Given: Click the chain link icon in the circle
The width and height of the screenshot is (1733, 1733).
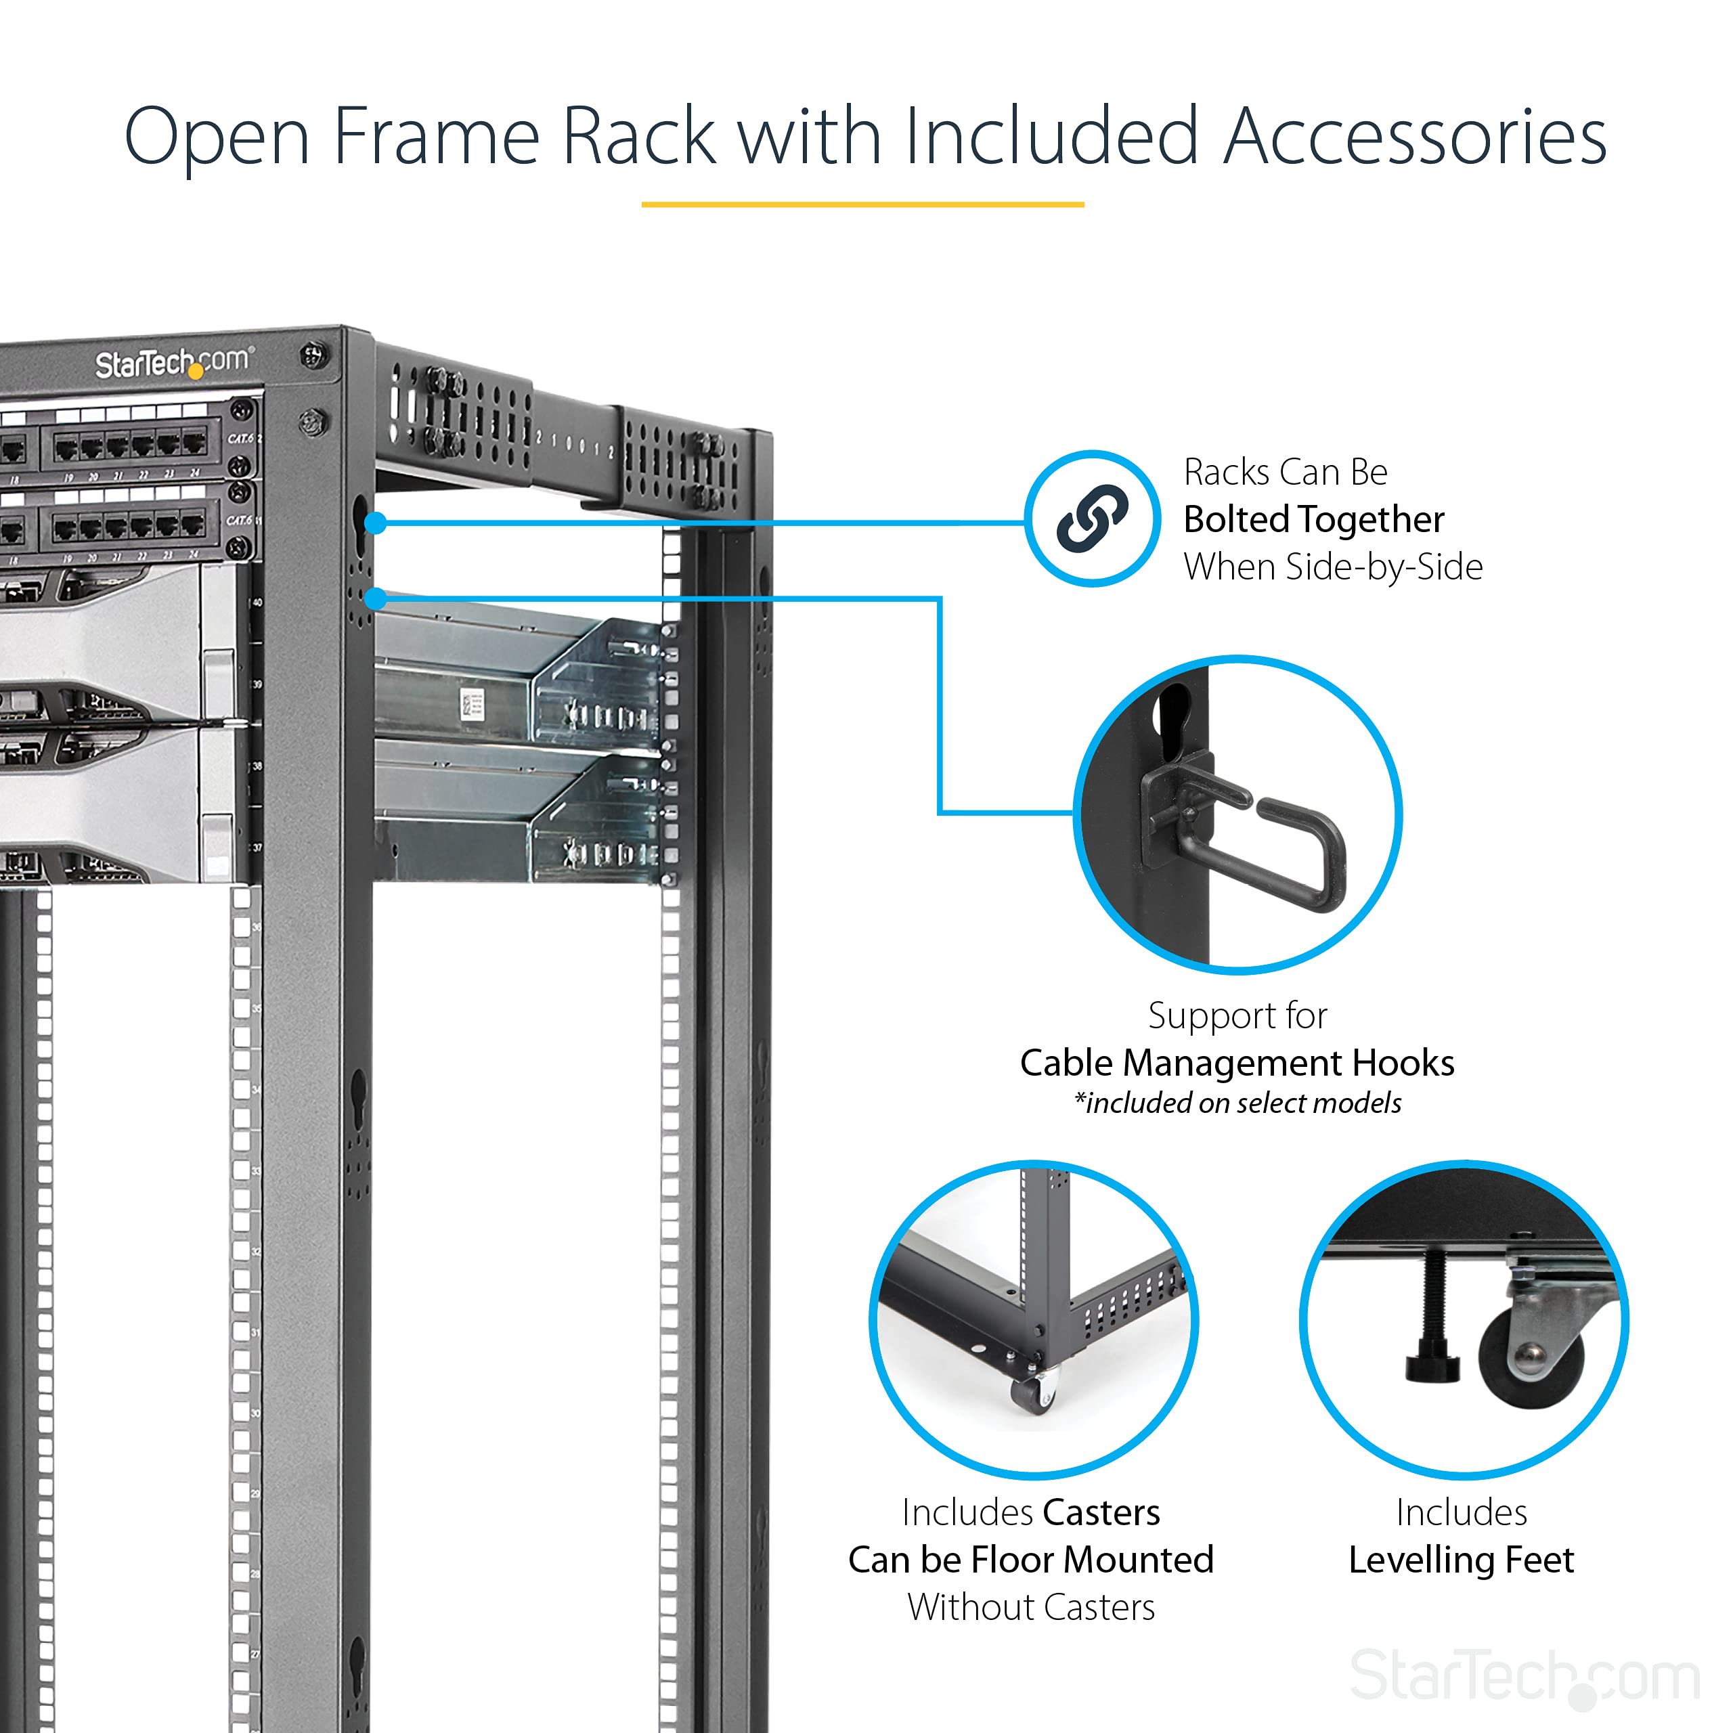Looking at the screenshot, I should pyautogui.click(x=1092, y=519).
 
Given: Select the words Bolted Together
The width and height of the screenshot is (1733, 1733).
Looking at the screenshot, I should pyautogui.click(x=1313, y=519).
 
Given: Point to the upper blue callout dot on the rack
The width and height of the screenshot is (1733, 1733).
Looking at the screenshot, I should pyautogui.click(x=376, y=522).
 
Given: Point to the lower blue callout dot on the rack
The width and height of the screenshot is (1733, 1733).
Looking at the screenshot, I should pyautogui.click(x=376, y=597).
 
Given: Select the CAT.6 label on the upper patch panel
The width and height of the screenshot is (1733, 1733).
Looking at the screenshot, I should pyautogui.click(x=240, y=439).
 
